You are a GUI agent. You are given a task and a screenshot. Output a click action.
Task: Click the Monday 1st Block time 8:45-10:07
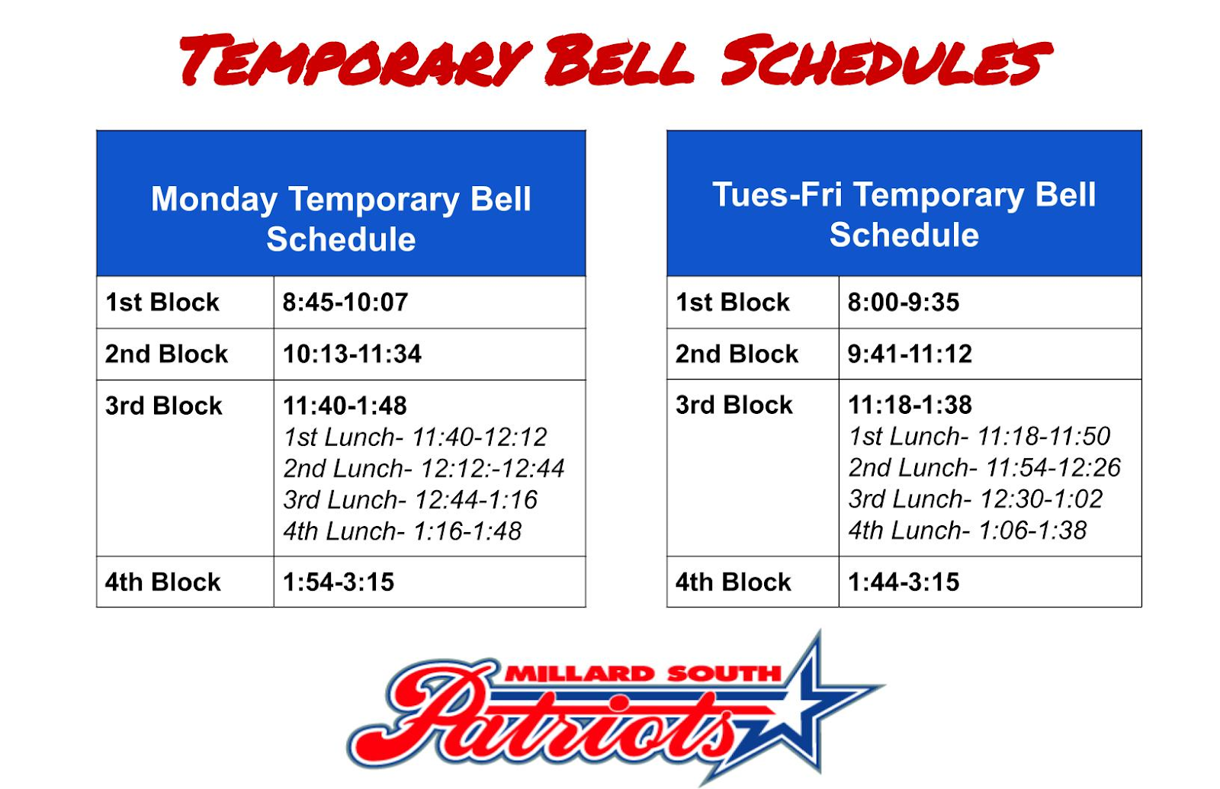(345, 302)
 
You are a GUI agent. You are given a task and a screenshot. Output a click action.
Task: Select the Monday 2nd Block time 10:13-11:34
(352, 354)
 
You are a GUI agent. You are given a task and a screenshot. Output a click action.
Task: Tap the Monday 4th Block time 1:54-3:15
(339, 582)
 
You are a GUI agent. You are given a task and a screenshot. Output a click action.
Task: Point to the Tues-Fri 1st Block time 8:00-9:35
(903, 302)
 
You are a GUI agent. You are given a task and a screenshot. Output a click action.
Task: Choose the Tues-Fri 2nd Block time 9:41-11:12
(910, 354)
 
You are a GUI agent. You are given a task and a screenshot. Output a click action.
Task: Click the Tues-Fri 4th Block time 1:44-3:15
(903, 582)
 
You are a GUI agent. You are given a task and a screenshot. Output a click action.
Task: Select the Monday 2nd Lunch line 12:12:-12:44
(424, 468)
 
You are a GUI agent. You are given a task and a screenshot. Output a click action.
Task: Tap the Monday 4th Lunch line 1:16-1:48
(403, 531)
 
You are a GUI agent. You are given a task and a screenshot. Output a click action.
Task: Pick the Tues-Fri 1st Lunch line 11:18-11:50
(979, 436)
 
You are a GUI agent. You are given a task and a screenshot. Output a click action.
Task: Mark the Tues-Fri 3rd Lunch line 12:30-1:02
(975, 499)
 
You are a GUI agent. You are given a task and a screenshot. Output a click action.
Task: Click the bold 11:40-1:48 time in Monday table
(345, 406)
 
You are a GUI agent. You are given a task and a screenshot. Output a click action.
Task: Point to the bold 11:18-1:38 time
(910, 405)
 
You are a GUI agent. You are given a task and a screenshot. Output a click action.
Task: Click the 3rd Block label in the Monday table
(163, 406)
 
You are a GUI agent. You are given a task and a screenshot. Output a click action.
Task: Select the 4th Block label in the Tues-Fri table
(733, 582)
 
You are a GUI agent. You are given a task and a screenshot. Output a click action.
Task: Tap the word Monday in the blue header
(214, 200)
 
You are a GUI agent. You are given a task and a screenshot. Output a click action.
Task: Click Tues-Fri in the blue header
(777, 195)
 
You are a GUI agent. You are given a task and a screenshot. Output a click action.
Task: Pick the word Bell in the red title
(619, 60)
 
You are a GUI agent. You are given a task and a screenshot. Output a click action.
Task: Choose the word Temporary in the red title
(355, 60)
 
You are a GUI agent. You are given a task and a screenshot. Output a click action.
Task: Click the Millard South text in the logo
(644, 674)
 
